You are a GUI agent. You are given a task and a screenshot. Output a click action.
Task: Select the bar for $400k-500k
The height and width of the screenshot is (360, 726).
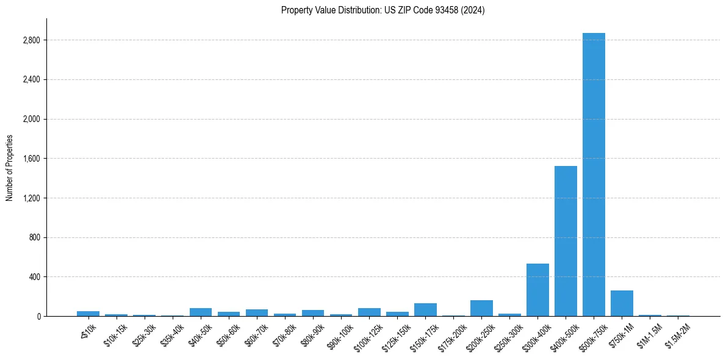point(566,241)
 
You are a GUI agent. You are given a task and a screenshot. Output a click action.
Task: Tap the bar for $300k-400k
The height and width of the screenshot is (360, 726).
point(537,290)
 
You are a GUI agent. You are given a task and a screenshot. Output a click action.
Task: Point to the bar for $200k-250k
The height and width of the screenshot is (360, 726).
point(481,308)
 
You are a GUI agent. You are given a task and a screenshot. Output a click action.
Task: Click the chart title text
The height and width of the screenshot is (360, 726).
point(383,10)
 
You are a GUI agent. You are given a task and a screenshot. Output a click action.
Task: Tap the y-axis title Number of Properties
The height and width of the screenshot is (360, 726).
point(9,168)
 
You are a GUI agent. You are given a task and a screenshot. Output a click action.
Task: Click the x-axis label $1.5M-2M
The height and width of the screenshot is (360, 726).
point(677,333)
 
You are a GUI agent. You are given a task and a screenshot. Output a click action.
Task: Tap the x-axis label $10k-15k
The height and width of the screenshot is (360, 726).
point(116,333)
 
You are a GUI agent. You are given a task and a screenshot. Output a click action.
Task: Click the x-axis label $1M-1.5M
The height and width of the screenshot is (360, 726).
point(649,333)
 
